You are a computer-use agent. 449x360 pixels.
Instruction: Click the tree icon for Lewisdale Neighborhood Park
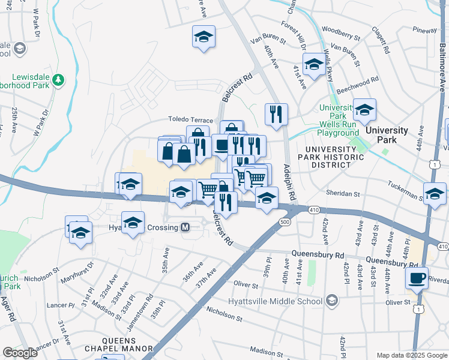point(58,79)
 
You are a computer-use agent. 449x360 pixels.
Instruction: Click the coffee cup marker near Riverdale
point(416,278)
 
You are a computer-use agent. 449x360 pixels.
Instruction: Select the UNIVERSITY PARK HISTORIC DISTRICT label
point(334,153)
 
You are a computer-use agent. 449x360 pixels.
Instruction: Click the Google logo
point(20,353)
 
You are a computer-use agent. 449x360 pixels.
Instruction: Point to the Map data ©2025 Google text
point(411,355)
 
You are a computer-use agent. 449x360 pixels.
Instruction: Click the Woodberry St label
point(340,29)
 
